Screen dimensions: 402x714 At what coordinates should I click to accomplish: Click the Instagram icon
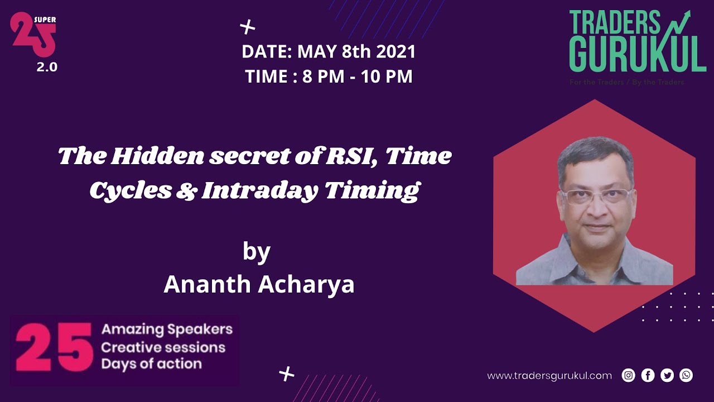pos(629,375)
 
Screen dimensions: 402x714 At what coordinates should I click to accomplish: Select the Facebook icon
pos(648,375)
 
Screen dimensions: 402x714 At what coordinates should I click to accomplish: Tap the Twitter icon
pos(667,375)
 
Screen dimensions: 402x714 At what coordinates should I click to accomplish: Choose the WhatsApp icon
pos(686,375)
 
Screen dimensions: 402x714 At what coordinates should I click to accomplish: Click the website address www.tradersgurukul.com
pos(549,376)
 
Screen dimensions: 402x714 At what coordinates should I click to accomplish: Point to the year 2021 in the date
pos(396,52)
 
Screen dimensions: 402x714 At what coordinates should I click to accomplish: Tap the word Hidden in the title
pos(157,156)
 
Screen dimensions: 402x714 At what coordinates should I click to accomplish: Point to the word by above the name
pos(257,252)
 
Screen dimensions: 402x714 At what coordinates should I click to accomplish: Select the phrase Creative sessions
pos(163,347)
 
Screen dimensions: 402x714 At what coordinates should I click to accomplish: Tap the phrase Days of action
pos(151,364)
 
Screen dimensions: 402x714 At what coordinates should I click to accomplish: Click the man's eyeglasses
pos(596,196)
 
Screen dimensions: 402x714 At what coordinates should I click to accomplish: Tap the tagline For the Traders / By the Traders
pos(626,82)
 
